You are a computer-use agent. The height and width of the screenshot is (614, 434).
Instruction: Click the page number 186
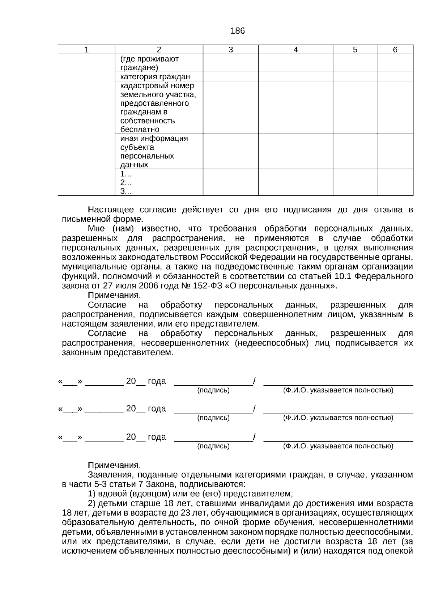click(237, 31)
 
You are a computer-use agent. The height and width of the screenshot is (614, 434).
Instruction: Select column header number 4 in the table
click(295, 50)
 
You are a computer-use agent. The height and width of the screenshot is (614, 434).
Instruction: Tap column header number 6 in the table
click(395, 50)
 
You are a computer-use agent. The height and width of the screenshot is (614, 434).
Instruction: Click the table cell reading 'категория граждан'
click(155, 77)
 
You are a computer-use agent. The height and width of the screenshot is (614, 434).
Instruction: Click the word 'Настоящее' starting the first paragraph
click(111, 210)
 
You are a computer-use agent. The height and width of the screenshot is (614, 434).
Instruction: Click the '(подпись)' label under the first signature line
click(213, 390)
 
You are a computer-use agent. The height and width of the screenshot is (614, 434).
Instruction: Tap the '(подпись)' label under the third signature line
click(213, 446)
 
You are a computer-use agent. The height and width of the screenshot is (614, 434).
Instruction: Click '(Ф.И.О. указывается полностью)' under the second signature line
click(338, 418)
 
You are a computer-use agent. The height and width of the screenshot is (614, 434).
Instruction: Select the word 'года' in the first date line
click(157, 381)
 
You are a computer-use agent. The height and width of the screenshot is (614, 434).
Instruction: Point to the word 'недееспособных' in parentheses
click(271, 343)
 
